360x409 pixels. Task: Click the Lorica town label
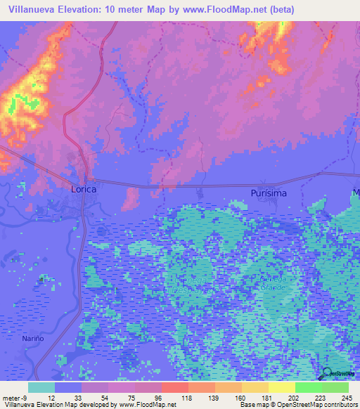tap(83, 190)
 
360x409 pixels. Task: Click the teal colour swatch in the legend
tap(41, 387)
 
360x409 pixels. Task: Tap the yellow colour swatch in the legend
tap(282, 387)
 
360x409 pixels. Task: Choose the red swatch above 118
tap(175, 387)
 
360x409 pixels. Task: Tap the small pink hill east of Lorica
tap(131, 199)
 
